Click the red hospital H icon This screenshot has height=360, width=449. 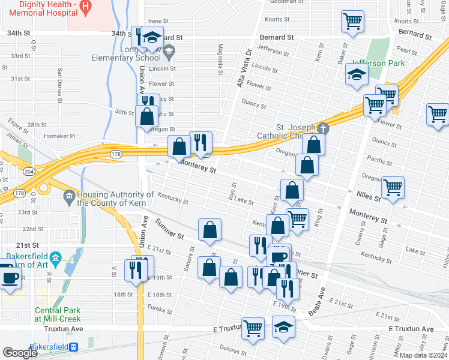pos(85,8)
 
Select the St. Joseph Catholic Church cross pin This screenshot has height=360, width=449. pos(324,128)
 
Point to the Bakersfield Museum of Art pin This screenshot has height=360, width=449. pos(56,259)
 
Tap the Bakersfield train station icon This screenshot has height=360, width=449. pos(74,347)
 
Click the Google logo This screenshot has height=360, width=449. pos(20,353)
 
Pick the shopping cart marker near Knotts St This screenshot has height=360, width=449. pos(352,22)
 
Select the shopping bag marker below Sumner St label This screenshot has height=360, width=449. pos(209,229)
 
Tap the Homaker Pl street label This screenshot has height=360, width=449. pos(63,136)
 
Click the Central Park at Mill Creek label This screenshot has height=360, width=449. pos(57,314)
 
